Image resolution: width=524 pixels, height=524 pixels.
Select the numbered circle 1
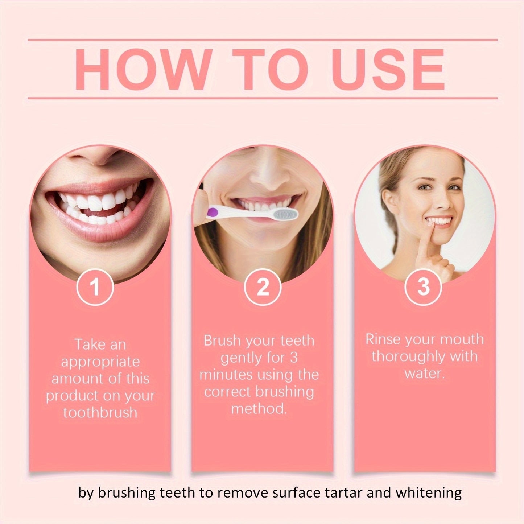pyautogui.click(x=95, y=287)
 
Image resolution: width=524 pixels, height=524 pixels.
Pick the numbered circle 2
pyautogui.click(x=263, y=287)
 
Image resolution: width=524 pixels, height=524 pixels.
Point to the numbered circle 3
pyautogui.click(x=423, y=287)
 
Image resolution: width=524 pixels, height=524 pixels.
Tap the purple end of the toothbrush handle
pyautogui.click(x=210, y=211)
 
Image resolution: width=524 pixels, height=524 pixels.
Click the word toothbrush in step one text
pyautogui.click(x=100, y=413)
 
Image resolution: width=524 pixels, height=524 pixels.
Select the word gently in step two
pyautogui.click(x=242, y=358)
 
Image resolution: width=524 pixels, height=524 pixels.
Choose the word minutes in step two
pyautogui.click(x=222, y=375)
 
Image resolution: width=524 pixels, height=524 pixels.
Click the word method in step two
pyautogui.click(x=259, y=409)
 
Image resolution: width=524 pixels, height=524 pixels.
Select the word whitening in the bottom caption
pyautogui.click(x=429, y=493)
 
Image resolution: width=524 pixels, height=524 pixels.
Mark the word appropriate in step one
pyautogui.click(x=100, y=362)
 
